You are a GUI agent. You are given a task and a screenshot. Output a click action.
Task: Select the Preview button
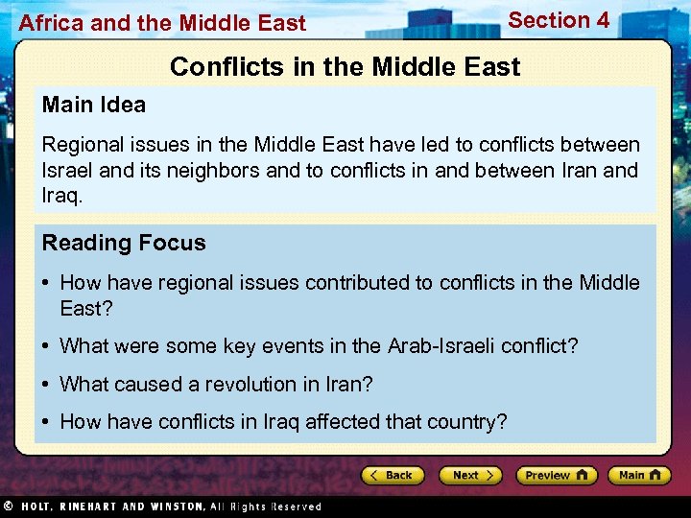click(x=556, y=475)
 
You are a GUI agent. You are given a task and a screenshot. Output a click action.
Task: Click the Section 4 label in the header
click(x=559, y=20)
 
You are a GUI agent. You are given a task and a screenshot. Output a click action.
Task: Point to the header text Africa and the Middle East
click(x=162, y=23)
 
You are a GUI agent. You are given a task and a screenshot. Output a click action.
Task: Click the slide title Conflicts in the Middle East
click(x=345, y=66)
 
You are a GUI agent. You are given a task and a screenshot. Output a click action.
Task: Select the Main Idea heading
click(x=94, y=105)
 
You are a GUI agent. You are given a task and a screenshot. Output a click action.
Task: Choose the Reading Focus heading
click(x=124, y=243)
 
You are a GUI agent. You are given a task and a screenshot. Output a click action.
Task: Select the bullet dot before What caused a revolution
click(x=46, y=384)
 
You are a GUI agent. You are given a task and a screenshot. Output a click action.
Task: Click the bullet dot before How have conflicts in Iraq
click(x=46, y=422)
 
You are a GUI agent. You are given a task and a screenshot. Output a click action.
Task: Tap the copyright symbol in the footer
click(x=8, y=506)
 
